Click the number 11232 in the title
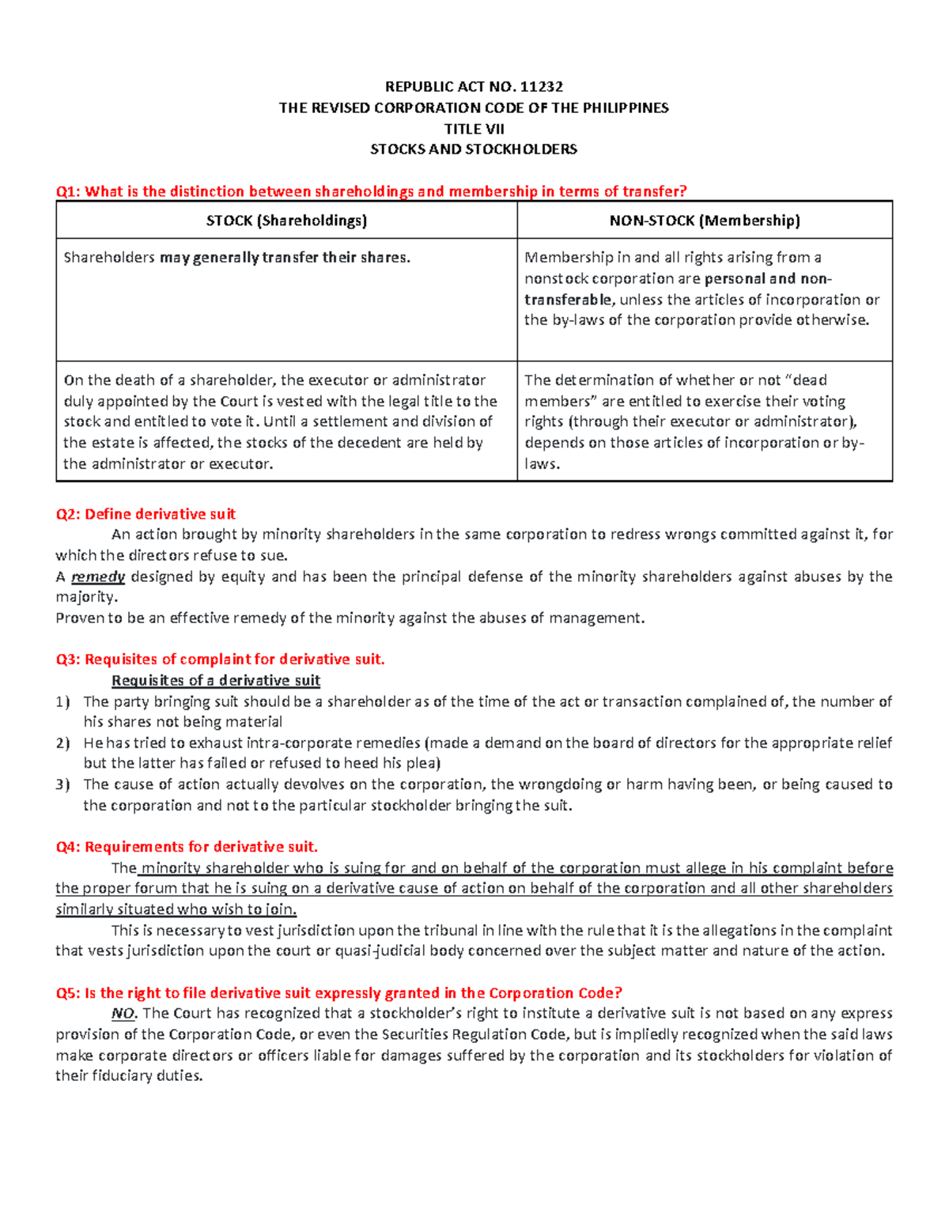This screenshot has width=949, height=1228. pos(543,87)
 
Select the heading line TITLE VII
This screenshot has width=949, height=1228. pos(474,129)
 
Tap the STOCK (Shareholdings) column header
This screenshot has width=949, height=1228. pos(286,221)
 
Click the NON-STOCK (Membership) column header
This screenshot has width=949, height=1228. pos(705,221)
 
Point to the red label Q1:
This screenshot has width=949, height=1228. pos(68,191)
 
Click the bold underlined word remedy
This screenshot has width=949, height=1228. pos(98,576)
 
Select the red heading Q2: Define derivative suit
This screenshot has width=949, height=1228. pos(146,514)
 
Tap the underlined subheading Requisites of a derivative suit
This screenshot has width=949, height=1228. pos(216,681)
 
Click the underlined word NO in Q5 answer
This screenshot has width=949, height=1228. pos(123,1014)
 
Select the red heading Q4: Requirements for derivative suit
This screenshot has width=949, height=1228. pos(187,847)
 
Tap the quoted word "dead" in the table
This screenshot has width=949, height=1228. pos(799,380)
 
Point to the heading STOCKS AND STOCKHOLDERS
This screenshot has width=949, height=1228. pos(474,149)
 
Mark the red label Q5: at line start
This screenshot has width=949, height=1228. pos(68,993)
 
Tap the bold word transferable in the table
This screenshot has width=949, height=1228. pos(568,300)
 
